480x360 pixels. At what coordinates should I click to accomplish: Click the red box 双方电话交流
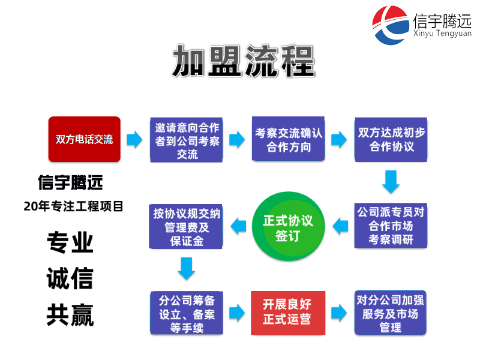tap(85, 139)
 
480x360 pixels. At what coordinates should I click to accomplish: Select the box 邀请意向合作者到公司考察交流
tap(187, 140)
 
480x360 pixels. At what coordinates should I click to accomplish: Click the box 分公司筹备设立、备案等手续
tap(187, 313)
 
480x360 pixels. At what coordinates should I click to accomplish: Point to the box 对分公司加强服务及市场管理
tap(391, 313)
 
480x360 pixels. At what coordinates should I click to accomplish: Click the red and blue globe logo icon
tap(391, 24)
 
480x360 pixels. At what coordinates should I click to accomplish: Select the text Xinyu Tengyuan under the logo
tap(443, 34)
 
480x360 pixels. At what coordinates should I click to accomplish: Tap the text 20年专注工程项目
tap(73, 206)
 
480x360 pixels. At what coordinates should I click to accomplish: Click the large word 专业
tap(70, 242)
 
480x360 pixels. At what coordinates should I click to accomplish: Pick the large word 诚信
tap(70, 278)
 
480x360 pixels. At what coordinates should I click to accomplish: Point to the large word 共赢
tap(70, 314)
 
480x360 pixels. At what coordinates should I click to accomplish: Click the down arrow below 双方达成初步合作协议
tap(391, 182)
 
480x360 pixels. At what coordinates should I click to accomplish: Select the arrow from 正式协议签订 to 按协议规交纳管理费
tap(239, 226)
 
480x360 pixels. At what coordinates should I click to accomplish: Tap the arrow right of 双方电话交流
tap(134, 140)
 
